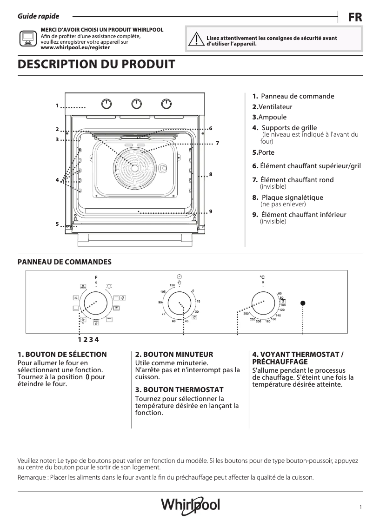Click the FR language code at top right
point(355,18)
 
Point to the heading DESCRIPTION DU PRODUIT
point(96,65)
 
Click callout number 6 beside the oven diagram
point(211,128)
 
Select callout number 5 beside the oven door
point(57,224)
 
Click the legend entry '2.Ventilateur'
point(272,107)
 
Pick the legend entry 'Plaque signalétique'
point(292,198)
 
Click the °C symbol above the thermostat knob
point(262,277)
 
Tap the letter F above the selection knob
point(96,277)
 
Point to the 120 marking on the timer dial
point(172,284)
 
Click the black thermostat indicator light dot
point(303,303)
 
